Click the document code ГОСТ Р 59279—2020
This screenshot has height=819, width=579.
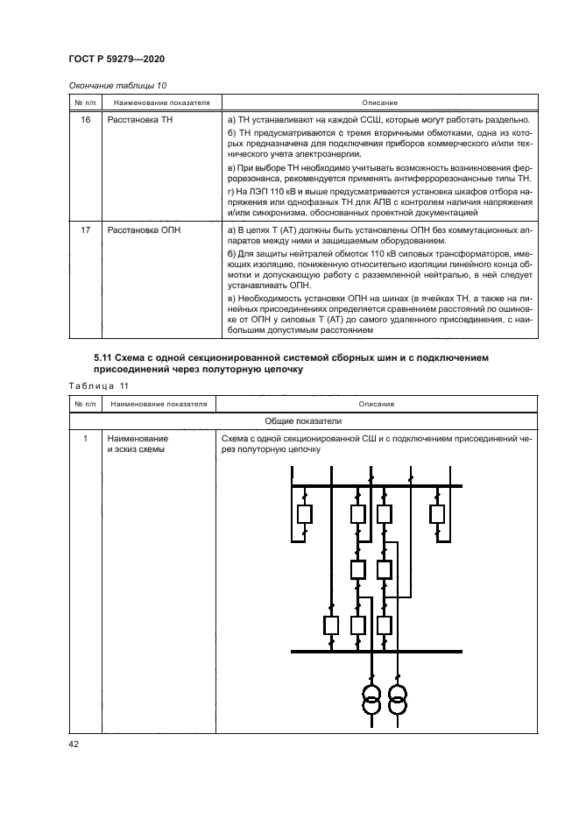[117, 59]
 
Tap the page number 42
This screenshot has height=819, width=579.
[74, 744]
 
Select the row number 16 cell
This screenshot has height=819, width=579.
[85, 119]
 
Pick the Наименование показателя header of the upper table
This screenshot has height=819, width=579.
[159, 102]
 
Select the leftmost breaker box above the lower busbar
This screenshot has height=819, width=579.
[331, 625]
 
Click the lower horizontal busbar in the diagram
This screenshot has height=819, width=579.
[377, 651]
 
